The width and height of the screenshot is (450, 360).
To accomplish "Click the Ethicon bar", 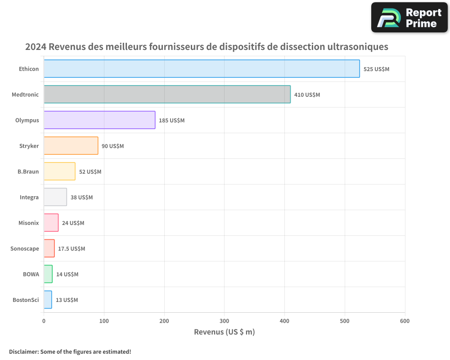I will (x=202, y=69).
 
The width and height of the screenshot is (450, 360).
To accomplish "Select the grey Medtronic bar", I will (x=167, y=94).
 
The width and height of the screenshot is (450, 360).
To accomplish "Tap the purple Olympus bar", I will (x=99, y=120).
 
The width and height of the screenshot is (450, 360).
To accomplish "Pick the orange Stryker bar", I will (x=71, y=146).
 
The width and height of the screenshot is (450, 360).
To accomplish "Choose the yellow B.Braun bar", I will (x=59, y=171).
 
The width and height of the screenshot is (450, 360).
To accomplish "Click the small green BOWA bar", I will (x=48, y=274).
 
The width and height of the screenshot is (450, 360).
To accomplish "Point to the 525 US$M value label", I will (x=376, y=69).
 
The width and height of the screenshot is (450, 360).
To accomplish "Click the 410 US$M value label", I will (x=307, y=95).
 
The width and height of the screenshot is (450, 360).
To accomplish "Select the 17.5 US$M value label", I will (x=72, y=249).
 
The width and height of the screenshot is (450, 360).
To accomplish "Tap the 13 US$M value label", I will (x=67, y=300).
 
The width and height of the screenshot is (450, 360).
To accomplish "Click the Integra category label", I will (x=29, y=197).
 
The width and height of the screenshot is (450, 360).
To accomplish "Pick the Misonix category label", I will (x=29, y=223).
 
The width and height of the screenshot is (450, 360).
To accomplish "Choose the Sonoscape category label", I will (x=25, y=248).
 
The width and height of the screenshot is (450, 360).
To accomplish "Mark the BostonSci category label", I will (x=26, y=300).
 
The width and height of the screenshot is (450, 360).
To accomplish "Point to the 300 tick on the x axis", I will (x=225, y=321).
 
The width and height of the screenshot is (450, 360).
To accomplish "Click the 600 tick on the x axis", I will (x=405, y=321).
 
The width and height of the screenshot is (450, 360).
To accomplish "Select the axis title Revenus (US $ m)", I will (x=224, y=332).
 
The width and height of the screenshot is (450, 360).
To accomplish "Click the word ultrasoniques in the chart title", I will (x=354, y=47).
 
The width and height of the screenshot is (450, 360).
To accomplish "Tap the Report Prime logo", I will (x=409, y=18).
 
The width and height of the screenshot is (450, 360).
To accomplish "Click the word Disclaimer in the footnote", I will (x=23, y=351).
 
